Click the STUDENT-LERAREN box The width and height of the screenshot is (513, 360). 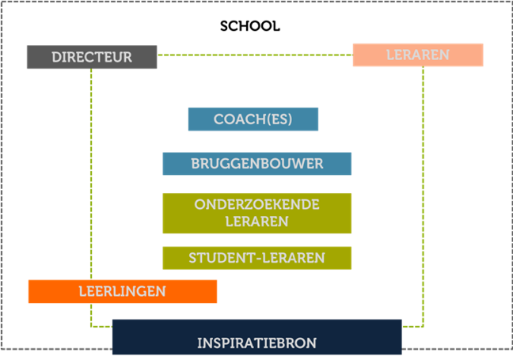point(175,258)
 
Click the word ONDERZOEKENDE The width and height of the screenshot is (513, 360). point(256,205)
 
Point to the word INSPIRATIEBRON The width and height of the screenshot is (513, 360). point(256,343)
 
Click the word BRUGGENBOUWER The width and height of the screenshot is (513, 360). point(256,164)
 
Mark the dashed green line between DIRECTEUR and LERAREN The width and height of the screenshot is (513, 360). point(253,55)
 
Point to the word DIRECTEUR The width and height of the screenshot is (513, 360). point(92,58)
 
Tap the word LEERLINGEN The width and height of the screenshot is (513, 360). point(123,291)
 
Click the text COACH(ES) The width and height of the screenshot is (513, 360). point(253,119)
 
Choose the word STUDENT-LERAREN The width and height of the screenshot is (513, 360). point(256,258)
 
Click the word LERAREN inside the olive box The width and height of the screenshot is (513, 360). point(256,222)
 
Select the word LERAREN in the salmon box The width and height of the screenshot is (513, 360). point(417,55)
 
